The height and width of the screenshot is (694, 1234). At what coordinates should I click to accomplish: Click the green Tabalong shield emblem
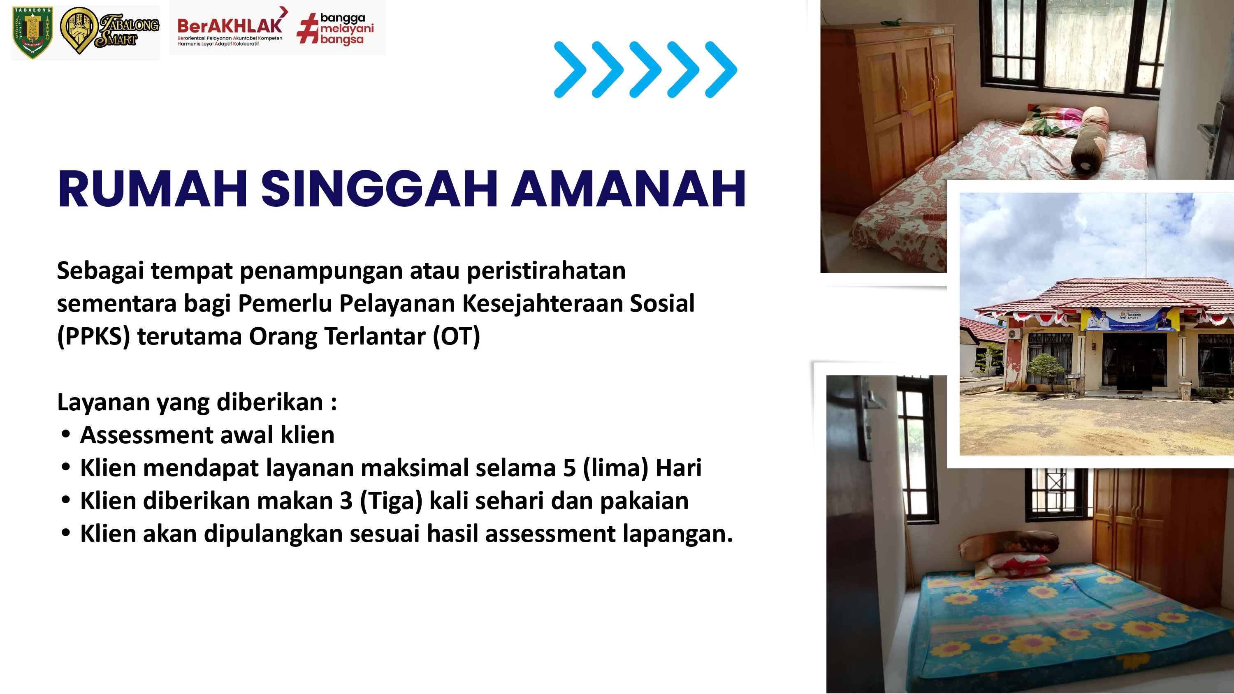click(x=32, y=32)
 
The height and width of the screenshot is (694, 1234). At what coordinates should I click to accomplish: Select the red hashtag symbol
click(x=308, y=29)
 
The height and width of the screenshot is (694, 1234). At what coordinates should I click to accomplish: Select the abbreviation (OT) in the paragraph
click(x=456, y=336)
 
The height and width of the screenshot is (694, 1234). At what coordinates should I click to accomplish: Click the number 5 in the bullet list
click(x=569, y=468)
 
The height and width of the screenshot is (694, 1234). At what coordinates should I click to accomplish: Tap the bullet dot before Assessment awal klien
click(x=66, y=435)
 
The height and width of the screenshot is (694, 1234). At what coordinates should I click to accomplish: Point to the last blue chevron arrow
click(x=721, y=70)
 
